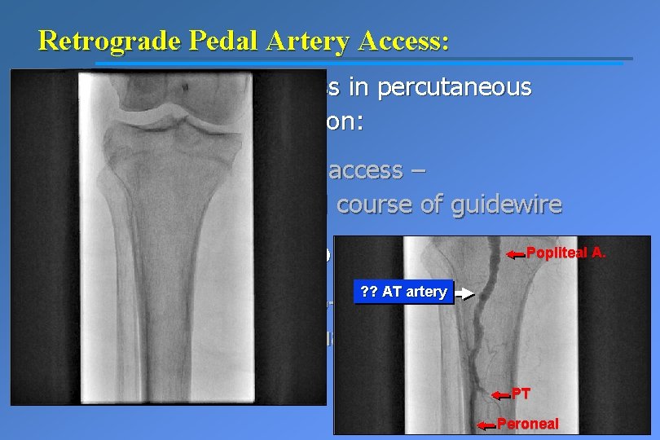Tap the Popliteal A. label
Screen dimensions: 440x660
point(566,253)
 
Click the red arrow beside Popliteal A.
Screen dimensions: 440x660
point(515,255)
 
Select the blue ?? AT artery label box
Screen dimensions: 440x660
point(403,292)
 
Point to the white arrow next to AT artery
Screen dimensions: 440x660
point(464,293)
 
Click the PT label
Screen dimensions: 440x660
point(521,394)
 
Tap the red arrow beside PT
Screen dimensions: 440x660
point(499,395)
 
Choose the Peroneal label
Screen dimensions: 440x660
point(528,425)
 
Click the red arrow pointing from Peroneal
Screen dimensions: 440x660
point(486,425)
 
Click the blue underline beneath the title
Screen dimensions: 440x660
point(359,62)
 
